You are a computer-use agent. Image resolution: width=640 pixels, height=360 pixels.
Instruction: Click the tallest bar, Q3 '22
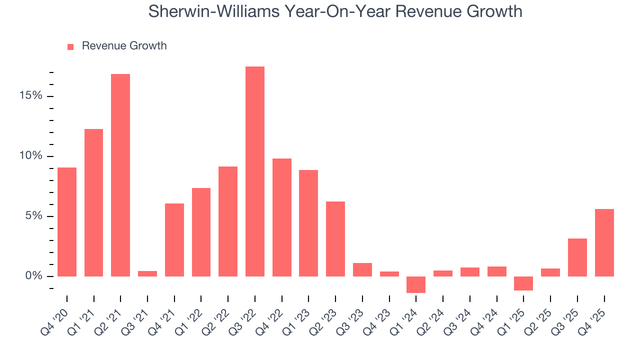point(255,171)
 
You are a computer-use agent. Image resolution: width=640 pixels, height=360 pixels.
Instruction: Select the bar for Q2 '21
point(120,175)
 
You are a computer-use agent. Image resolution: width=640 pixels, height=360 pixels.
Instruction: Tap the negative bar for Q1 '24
point(416,284)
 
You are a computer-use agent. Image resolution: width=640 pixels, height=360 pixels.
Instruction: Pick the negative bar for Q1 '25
point(523,283)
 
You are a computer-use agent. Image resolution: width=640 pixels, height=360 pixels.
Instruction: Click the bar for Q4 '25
point(604,242)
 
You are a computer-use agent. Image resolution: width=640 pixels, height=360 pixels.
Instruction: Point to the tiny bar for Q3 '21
point(147,273)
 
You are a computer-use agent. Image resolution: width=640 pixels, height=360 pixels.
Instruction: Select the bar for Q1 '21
point(94,202)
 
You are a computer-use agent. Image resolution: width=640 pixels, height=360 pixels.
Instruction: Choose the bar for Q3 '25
point(577,257)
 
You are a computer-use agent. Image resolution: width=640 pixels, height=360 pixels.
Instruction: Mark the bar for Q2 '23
point(335,239)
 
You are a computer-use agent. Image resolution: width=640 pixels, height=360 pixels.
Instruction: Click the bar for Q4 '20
point(67,222)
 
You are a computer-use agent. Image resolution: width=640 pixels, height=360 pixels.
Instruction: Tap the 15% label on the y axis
point(30,96)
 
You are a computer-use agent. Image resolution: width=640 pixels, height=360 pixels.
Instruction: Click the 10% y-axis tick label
point(30,156)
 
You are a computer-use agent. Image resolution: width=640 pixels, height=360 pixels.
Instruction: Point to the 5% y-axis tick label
point(33,216)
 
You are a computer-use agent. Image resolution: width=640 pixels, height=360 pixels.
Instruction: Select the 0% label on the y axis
point(33,276)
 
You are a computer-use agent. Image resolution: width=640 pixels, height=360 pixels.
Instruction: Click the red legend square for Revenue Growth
point(70,46)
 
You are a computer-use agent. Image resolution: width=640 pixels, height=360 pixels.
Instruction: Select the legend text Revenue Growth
point(124,46)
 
